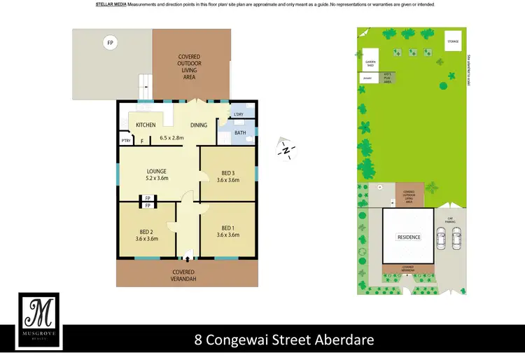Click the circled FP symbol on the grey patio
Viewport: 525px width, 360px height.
click(x=109, y=43)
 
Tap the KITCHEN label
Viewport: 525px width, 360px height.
click(x=146, y=125)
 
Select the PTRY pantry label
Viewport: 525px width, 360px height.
click(x=126, y=141)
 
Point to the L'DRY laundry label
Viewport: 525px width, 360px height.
click(x=239, y=115)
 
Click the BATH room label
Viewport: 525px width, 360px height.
click(x=240, y=132)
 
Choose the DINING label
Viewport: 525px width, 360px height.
click(x=199, y=125)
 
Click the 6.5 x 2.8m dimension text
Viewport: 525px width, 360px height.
click(x=171, y=138)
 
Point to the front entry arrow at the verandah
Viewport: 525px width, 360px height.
click(x=187, y=258)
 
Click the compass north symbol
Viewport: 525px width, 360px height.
click(x=286, y=150)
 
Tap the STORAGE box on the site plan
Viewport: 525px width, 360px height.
click(x=454, y=41)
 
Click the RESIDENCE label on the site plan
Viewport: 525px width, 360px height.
click(x=409, y=237)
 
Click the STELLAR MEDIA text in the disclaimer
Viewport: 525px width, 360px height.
click(x=111, y=4)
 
